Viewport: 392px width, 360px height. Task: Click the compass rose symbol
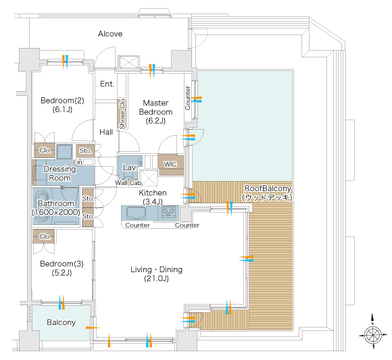pos(372,335)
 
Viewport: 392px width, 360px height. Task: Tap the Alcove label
pos(110,34)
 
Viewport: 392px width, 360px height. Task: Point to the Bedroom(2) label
pos(62,105)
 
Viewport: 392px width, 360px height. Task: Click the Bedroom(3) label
pos(62,268)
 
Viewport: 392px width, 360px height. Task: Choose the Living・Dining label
pos(156,274)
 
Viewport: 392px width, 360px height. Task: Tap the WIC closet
pos(171,165)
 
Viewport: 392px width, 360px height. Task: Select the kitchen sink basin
pos(136,213)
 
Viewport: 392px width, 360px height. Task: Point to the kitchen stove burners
pos(168,212)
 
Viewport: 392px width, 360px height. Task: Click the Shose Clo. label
pos(122,114)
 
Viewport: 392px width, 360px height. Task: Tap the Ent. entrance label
pos(107,84)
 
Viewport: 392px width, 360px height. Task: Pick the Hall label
pos(106,132)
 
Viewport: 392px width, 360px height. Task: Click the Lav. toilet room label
pos(130,168)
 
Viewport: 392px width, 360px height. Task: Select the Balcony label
pos(62,322)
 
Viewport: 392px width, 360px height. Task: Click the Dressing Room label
pos(59,174)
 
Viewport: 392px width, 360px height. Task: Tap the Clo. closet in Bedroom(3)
pos(44,236)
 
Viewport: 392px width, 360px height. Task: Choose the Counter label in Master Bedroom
pos(187,98)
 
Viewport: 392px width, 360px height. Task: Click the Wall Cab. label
pos(128,183)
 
